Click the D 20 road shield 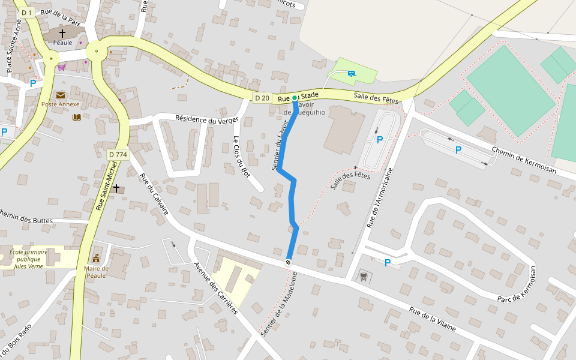pyautogui.click(x=262, y=98)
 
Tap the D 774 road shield pyautogui.click(x=118, y=155)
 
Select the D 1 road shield pyautogui.click(x=26, y=13)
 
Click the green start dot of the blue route pyautogui.click(x=295, y=97)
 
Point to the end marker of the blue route pyautogui.click(x=289, y=262)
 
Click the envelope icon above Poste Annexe pyautogui.click(x=61, y=95)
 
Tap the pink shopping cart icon pyautogui.click(x=61, y=67)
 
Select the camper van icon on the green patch pyautogui.click(x=351, y=74)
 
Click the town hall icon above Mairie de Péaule pyautogui.click(x=96, y=258)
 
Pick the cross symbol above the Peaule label pyautogui.click(x=62, y=34)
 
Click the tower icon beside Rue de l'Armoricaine pyautogui.click(x=362, y=276)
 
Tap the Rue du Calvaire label pyautogui.click(x=154, y=194)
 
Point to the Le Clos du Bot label pyautogui.click(x=241, y=157)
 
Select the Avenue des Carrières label pyautogui.click(x=215, y=288)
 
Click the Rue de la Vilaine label pyautogui.click(x=433, y=320)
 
